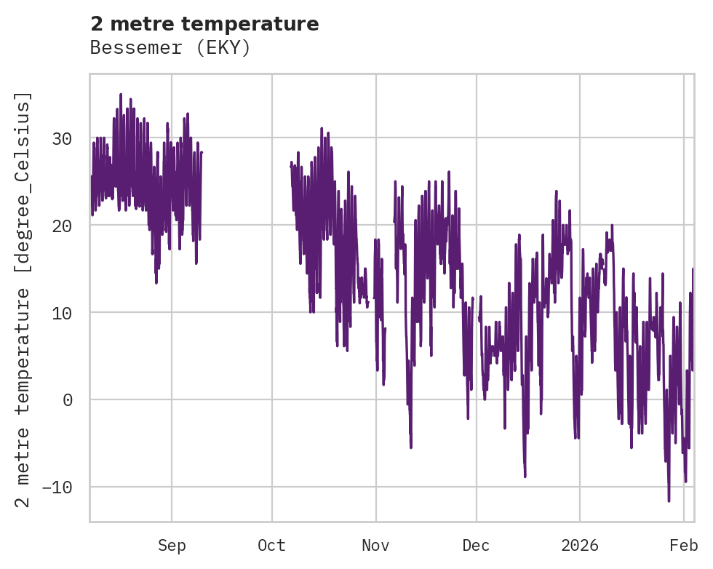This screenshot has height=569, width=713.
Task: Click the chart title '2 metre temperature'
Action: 204,24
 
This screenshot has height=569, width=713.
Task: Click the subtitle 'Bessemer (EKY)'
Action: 170,48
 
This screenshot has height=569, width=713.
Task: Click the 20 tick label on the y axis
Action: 66,226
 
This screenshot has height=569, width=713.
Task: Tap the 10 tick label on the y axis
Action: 66,313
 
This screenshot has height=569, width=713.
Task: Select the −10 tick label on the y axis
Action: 61,487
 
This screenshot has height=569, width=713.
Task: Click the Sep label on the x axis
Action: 172,546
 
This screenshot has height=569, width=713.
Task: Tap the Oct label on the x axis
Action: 272,546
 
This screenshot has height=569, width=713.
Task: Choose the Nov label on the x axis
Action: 376,546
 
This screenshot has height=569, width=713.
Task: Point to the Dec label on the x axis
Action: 476,546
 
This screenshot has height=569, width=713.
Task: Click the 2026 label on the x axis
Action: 580,546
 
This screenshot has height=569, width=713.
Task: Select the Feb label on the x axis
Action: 684,546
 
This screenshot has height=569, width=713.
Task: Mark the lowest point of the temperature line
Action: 669,501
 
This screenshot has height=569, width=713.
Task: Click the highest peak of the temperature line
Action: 121,95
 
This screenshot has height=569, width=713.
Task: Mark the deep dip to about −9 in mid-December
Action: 525,477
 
